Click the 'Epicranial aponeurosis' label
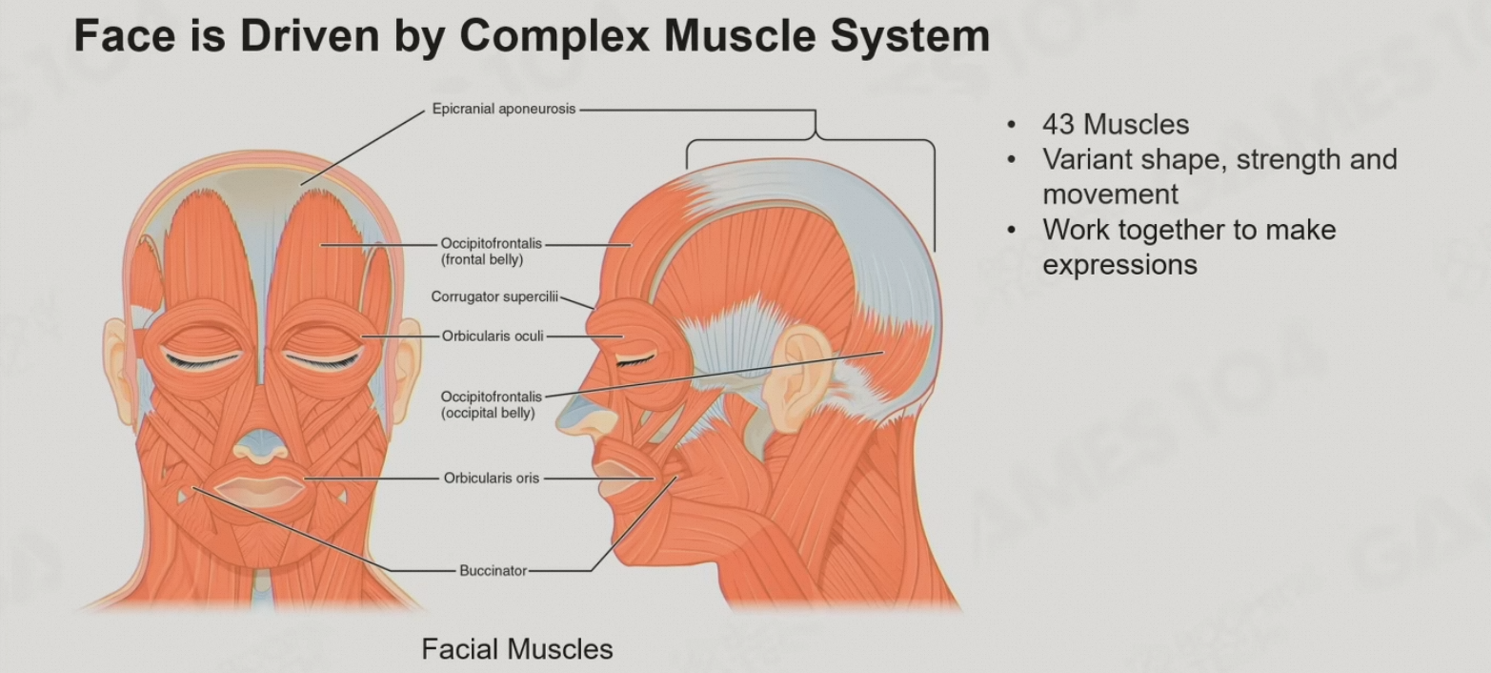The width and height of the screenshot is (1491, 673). click(x=504, y=110)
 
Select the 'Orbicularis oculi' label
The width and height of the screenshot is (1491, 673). click(x=492, y=336)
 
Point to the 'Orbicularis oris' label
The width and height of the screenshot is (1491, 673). click(x=492, y=479)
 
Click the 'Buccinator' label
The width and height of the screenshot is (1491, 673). click(x=493, y=571)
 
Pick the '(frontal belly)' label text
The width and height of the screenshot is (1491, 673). click(x=481, y=259)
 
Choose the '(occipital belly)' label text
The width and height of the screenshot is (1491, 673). click(x=487, y=413)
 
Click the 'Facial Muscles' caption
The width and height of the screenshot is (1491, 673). click(x=517, y=649)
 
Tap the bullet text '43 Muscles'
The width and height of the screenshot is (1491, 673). click(x=1116, y=125)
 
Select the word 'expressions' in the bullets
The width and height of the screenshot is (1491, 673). click(x=1119, y=264)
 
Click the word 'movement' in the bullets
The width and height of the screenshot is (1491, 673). click(x=1110, y=194)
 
